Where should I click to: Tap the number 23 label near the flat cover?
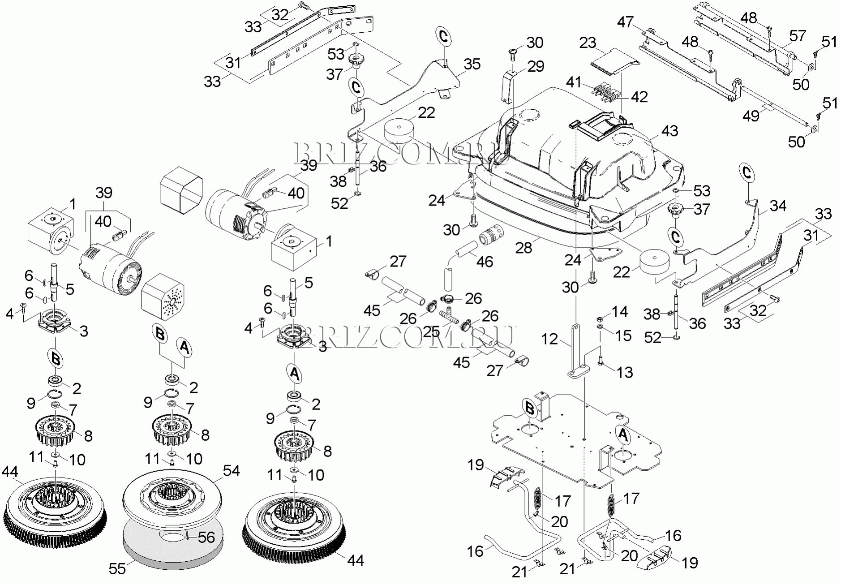(588, 43)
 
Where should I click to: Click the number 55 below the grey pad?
(118, 568)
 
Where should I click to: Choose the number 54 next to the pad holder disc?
(231, 471)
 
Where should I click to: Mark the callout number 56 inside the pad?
(206, 537)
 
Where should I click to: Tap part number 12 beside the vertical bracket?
(549, 339)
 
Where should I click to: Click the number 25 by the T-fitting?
(431, 332)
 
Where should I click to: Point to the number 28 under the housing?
(523, 247)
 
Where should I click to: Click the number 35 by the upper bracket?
(472, 64)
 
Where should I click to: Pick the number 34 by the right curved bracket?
(778, 206)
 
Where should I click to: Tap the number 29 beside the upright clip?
(535, 66)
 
